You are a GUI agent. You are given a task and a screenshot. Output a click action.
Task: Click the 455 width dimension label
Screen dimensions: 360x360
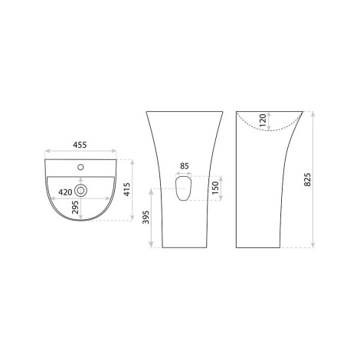point(80,145)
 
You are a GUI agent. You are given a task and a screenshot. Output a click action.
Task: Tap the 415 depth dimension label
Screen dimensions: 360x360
point(127,189)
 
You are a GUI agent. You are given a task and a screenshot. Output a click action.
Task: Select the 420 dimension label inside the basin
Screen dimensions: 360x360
point(65,192)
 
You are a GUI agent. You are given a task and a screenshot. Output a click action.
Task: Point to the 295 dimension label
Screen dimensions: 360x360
point(75,207)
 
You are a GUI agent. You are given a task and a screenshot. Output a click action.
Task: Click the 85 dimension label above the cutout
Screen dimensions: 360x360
point(185,166)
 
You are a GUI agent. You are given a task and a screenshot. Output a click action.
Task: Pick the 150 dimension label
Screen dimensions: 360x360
point(215,188)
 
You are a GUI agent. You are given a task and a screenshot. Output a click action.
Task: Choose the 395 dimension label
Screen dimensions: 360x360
point(146,218)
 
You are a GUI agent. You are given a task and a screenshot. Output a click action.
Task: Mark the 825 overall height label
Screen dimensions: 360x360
point(308,179)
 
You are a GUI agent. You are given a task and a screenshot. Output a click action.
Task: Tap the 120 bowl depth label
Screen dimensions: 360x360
point(263,120)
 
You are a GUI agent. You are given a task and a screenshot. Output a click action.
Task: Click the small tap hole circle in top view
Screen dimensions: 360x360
point(80,168)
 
